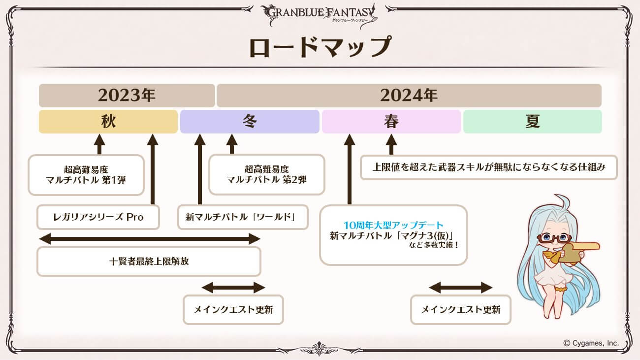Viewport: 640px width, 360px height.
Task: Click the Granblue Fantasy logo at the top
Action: (x=320, y=15)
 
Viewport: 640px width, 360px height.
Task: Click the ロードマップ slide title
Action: (x=320, y=47)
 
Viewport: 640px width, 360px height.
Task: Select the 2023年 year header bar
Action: (x=127, y=96)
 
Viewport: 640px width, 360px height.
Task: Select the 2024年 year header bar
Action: (x=409, y=96)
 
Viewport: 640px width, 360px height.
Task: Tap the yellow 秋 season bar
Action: (x=108, y=122)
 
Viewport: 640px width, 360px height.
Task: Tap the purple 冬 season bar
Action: (x=250, y=122)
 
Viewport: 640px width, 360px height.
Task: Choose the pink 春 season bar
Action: (x=391, y=122)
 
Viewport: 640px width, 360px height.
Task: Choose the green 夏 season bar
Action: (x=533, y=122)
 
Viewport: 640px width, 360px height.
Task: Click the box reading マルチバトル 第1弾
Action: (x=86, y=175)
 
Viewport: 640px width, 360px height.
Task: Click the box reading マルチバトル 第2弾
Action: (x=267, y=174)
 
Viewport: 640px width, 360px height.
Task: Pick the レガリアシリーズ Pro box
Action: (x=98, y=217)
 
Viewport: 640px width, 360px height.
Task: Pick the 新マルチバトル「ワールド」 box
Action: (x=243, y=217)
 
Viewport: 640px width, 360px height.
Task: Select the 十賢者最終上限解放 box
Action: (x=149, y=262)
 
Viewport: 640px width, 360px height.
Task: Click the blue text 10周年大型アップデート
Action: (x=393, y=225)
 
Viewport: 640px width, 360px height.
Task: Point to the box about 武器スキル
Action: (x=488, y=167)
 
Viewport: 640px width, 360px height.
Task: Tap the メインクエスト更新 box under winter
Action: (x=233, y=310)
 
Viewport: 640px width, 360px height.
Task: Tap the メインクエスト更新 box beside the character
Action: (x=461, y=310)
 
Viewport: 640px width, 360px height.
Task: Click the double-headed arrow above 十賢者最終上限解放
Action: (x=150, y=239)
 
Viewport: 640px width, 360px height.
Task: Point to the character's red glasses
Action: (x=554, y=238)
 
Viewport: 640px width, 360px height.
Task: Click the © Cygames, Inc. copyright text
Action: (x=591, y=343)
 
